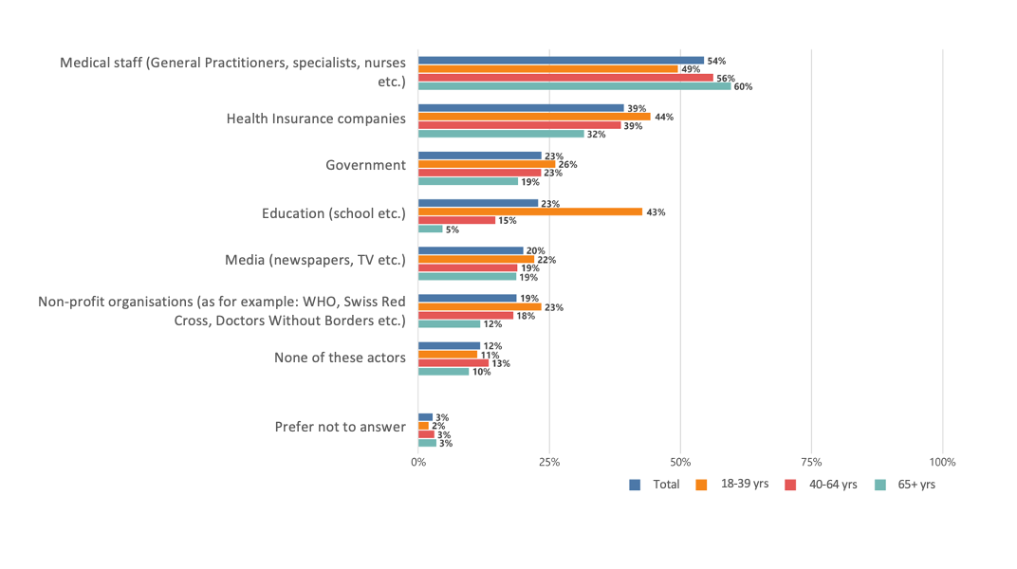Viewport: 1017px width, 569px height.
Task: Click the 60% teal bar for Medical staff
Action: tap(574, 86)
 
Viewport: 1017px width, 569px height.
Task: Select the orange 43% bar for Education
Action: tap(529, 212)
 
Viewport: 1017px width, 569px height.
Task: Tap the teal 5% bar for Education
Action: tap(430, 229)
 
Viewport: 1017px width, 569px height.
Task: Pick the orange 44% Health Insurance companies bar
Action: tap(533, 117)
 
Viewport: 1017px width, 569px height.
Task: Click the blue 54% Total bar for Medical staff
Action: tap(561, 60)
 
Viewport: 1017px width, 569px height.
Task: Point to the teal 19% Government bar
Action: tap(468, 181)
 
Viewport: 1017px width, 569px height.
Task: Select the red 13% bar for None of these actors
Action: tap(453, 363)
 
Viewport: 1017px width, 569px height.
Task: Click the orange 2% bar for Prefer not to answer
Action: tap(423, 426)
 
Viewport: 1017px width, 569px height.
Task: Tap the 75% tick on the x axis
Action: tap(811, 462)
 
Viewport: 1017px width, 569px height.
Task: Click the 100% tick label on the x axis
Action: tap(942, 462)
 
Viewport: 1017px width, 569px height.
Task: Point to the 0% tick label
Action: tap(418, 462)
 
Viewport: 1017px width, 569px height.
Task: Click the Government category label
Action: tap(365, 165)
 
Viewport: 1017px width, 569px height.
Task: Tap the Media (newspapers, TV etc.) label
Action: tap(315, 260)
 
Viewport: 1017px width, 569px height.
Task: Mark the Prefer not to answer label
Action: tap(340, 427)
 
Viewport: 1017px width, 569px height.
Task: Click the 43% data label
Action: tap(656, 212)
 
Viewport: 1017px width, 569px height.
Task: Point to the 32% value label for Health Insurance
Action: tap(597, 135)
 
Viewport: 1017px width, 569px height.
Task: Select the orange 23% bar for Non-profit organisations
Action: tap(479, 307)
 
